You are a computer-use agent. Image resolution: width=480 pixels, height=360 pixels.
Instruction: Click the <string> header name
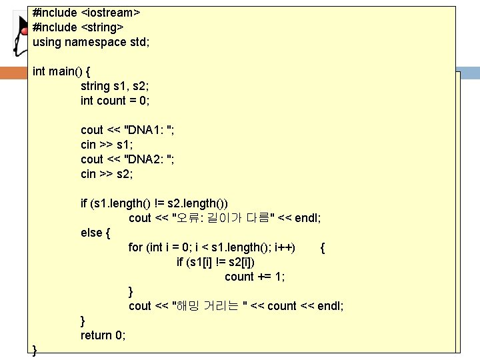[102, 27]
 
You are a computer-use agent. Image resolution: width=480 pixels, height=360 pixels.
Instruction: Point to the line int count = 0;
[115, 101]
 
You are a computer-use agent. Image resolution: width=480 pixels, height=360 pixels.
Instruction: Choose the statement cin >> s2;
[107, 174]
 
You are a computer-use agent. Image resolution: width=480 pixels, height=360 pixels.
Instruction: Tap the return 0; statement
[103, 335]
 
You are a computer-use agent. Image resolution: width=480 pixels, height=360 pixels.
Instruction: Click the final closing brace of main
[35, 350]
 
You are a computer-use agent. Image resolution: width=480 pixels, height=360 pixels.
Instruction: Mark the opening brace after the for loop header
[323, 247]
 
